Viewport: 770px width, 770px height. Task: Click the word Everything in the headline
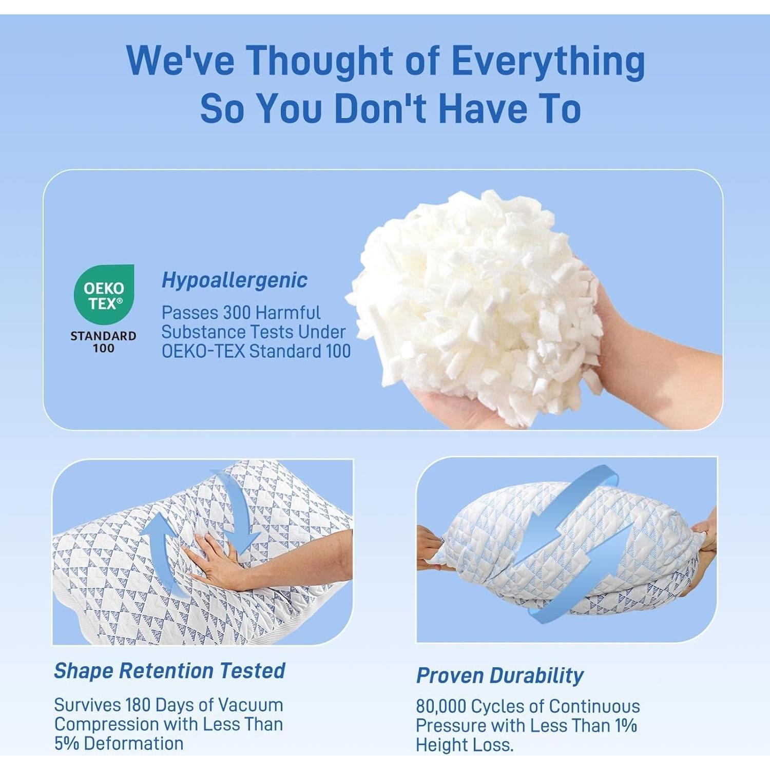(548, 62)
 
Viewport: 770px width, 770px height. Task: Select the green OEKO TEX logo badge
(104, 294)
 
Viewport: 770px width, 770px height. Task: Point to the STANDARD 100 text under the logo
(103, 342)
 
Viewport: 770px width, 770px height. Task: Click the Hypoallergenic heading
(235, 280)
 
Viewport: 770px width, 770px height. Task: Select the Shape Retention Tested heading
(169, 670)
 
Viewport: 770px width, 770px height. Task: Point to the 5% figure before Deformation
(67, 743)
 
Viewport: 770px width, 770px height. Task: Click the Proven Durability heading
(500, 676)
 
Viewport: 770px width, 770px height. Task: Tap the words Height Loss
(465, 745)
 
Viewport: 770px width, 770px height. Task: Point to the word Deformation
(133, 743)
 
